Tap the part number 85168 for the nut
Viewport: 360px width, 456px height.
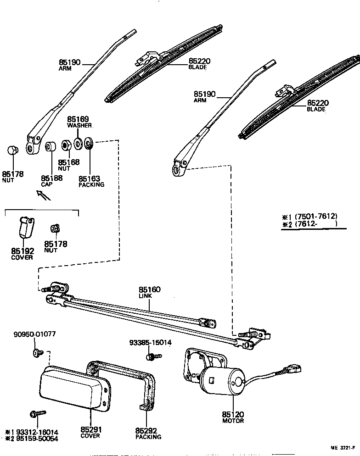tap(68, 162)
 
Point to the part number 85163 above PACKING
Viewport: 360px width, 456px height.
tap(89, 179)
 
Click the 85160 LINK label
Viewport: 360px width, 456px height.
tap(149, 290)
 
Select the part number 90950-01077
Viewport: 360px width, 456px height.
tap(35, 334)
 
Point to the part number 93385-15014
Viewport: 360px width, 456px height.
tap(150, 342)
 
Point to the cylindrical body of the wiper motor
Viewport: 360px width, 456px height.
tap(223, 384)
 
